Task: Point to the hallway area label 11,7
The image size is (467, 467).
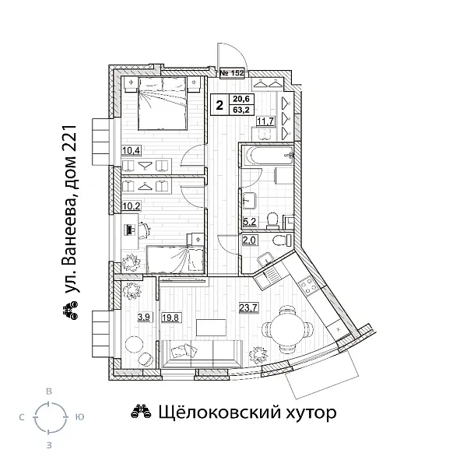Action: pyautogui.click(x=265, y=121)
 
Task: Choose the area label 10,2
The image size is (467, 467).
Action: pyautogui.click(x=131, y=207)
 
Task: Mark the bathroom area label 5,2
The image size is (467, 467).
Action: pyautogui.click(x=251, y=222)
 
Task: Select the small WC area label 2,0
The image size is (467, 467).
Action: pyautogui.click(x=251, y=241)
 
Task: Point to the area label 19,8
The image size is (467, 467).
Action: pyautogui.click(x=171, y=317)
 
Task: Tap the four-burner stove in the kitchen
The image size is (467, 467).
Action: pyautogui.click(x=306, y=283)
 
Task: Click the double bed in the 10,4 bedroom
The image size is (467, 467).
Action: pyautogui.click(x=163, y=106)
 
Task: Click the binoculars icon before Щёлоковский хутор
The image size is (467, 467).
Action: pyautogui.click(x=139, y=412)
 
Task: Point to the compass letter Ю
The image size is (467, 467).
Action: pyautogui.click(x=79, y=417)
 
